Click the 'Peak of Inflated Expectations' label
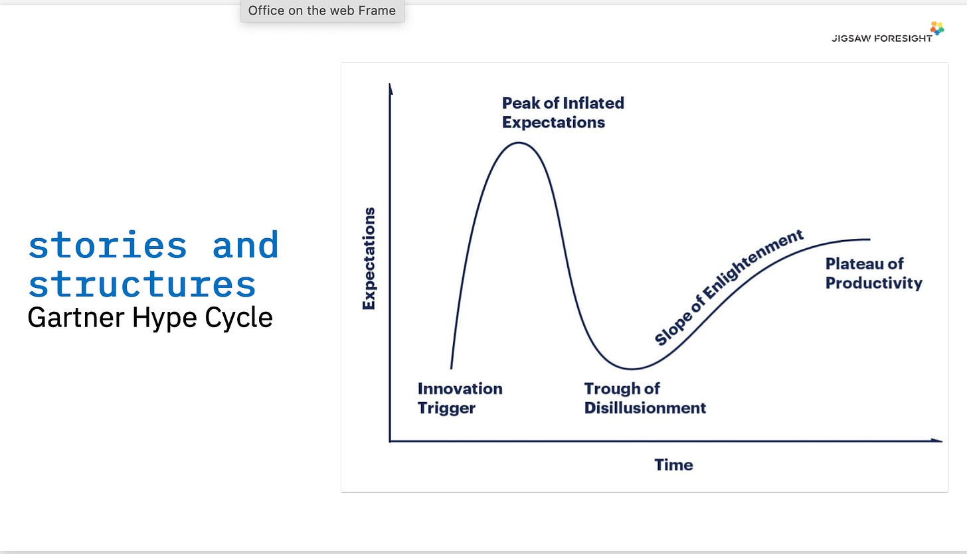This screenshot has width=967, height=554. (x=563, y=113)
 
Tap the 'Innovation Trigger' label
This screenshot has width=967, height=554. (x=460, y=398)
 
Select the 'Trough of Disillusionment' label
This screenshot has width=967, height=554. (x=644, y=398)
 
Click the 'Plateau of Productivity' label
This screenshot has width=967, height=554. (x=873, y=273)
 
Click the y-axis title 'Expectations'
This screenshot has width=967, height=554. (x=369, y=258)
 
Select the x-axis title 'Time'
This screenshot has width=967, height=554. (x=673, y=465)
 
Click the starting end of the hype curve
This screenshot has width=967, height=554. (x=452, y=368)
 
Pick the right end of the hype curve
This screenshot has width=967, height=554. (x=869, y=239)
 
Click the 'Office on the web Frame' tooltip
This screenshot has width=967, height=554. (x=322, y=11)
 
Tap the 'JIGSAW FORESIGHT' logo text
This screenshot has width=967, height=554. (x=881, y=38)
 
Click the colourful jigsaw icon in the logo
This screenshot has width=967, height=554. (x=937, y=28)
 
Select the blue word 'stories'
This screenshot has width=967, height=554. (x=107, y=245)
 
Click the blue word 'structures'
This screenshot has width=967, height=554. (x=142, y=284)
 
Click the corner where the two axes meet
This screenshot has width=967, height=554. (x=391, y=441)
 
